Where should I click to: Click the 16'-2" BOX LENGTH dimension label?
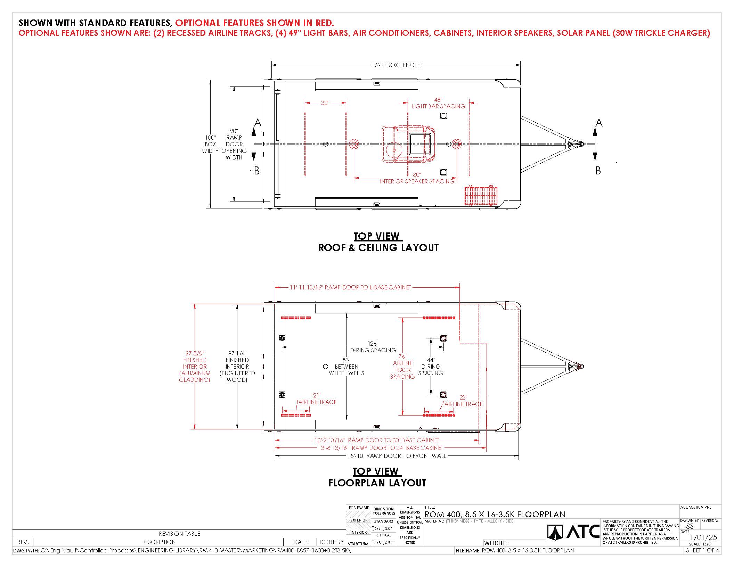pos(396,65)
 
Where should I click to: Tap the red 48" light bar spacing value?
pos(438,100)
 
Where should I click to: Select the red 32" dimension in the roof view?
pos(325,103)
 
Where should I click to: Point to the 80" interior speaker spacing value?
pos(417,175)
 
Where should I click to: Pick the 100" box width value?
pos(210,138)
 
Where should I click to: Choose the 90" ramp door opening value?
pos(234,131)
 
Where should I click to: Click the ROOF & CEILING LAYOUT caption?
pos(378,248)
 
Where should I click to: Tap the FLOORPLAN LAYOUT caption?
pos(377,483)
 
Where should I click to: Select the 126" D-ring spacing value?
pos(373,344)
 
